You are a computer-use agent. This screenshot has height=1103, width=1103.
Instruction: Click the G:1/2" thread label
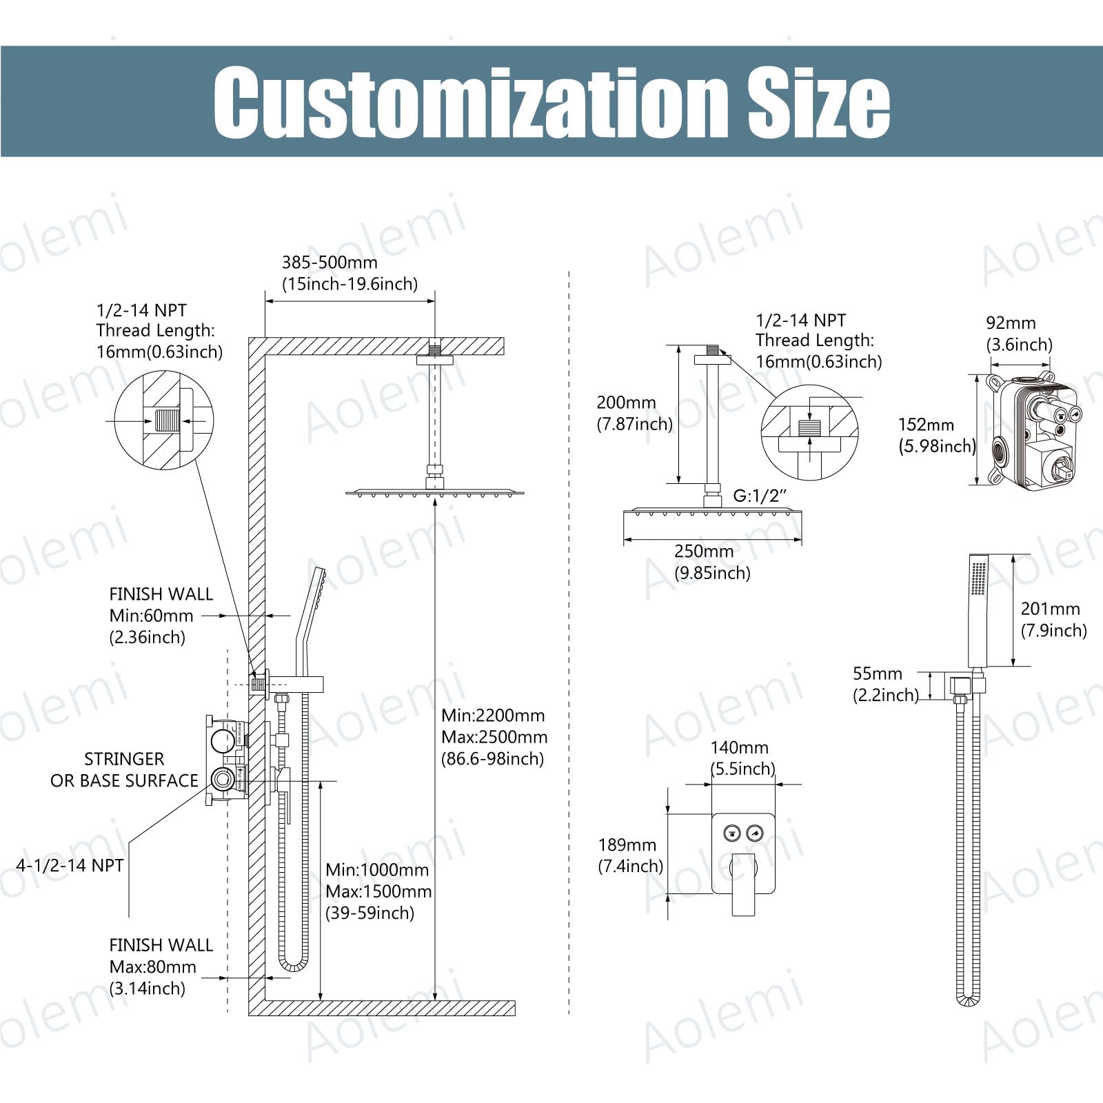pyautogui.click(x=759, y=496)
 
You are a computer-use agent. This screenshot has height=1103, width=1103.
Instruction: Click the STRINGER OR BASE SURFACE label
pyautogui.click(x=124, y=770)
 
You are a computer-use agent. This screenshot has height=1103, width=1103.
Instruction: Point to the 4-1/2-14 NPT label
pyautogui.click(x=70, y=866)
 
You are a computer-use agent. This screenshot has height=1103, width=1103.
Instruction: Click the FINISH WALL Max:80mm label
pyautogui.click(x=161, y=967)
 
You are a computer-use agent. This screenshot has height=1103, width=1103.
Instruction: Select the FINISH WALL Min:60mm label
pyautogui.click(x=161, y=616)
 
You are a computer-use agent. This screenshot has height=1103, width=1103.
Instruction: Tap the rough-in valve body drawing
pyautogui.click(x=1031, y=431)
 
